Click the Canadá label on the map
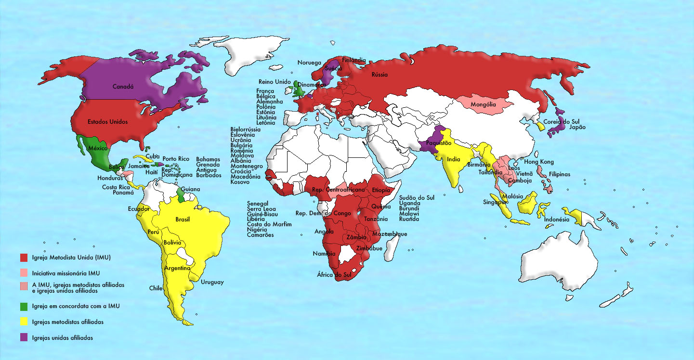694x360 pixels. coord(123,87)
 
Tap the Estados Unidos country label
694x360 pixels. coord(108,122)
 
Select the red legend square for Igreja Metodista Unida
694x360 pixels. coord(23,257)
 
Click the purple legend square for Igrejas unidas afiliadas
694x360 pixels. coord(23,338)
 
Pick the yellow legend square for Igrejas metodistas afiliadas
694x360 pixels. coord(23,321)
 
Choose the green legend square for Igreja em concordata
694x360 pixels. coord(23,306)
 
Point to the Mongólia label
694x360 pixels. coord(484,104)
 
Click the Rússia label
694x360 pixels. coord(380,75)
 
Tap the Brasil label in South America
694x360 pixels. coord(183,219)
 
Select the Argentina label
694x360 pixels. coord(177,268)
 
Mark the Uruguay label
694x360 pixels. coord(212,283)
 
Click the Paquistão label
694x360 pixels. coord(439,143)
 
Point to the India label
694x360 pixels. coord(453,159)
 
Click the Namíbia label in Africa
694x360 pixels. coord(323,254)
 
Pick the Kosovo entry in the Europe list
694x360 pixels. coord(240,182)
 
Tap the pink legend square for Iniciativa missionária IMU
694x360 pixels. coord(23,273)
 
